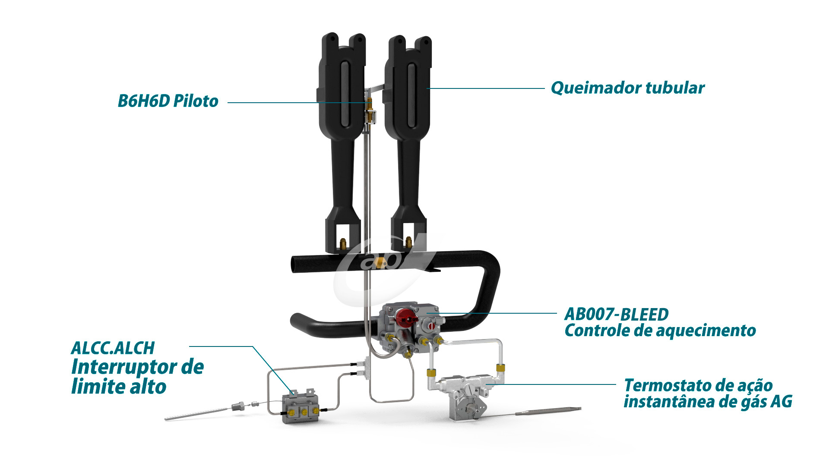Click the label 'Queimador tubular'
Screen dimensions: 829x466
click(627, 88)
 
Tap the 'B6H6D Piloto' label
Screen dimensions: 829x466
click(168, 101)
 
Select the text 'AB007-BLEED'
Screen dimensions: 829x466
click(617, 314)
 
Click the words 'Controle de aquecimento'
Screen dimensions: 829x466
click(660, 331)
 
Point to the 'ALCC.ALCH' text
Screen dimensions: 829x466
click(113, 348)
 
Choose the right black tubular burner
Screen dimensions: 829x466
click(408, 142)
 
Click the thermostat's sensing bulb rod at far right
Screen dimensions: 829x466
click(548, 411)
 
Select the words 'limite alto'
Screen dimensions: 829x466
click(119, 387)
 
